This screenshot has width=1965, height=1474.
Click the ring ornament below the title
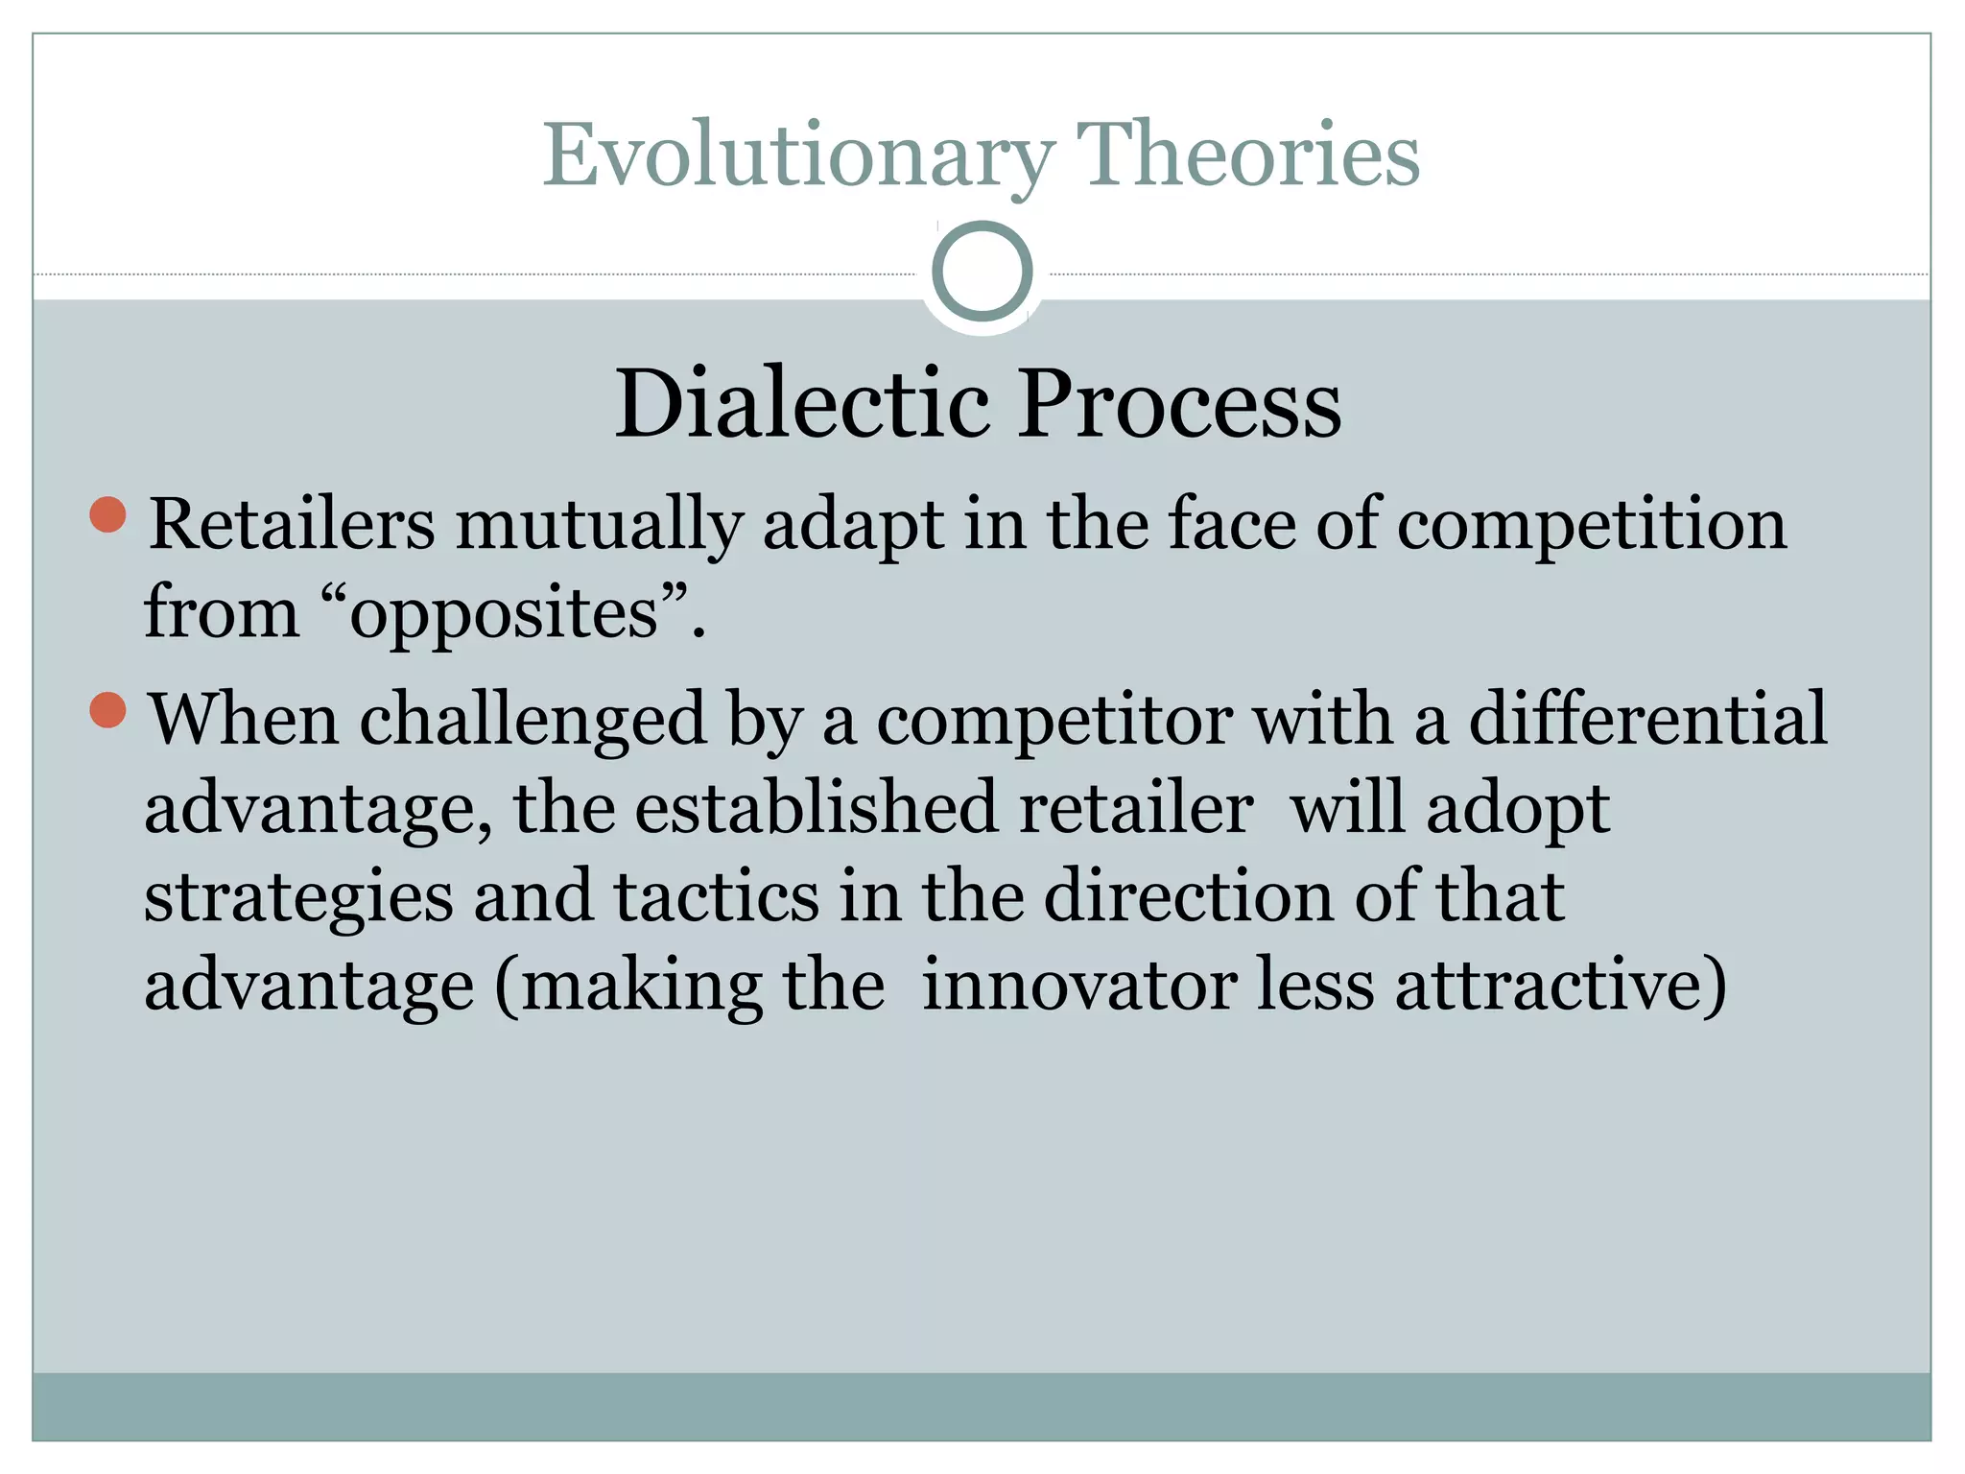tap(982, 272)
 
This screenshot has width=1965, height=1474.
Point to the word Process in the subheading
tap(1179, 405)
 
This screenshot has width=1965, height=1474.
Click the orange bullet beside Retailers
tap(108, 514)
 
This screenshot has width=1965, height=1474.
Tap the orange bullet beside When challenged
tap(108, 710)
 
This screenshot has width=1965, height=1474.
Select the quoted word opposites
tap(504, 614)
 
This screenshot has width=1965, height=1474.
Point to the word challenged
tap(533, 720)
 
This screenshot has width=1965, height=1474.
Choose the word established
tap(816, 807)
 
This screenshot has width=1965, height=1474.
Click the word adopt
tap(1518, 809)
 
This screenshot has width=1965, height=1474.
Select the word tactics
tap(716, 895)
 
